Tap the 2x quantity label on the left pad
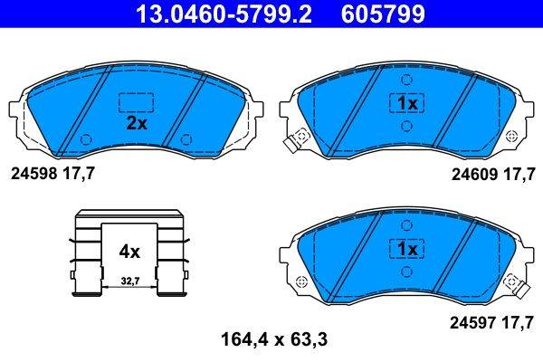(x=136, y=125)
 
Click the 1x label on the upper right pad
(x=405, y=104)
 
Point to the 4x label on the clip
(x=129, y=251)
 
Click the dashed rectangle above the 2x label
(x=136, y=101)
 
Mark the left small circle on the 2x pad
(x=86, y=139)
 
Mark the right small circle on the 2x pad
(x=186, y=139)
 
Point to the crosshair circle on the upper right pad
(x=513, y=136)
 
